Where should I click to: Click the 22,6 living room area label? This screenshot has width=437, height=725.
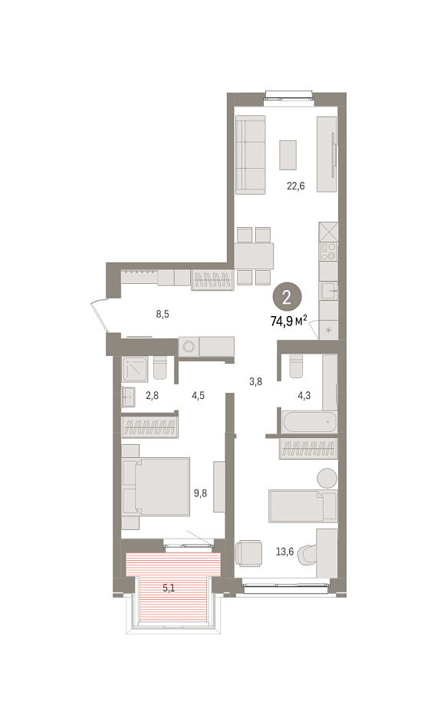[x=296, y=186]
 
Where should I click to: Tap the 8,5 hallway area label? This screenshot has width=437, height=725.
[x=163, y=315]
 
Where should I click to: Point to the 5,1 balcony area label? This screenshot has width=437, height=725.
[x=168, y=588]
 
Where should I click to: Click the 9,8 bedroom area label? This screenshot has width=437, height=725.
[x=200, y=493]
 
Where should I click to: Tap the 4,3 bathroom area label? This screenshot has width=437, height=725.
[x=304, y=395]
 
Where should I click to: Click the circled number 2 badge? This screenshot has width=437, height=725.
[x=287, y=298]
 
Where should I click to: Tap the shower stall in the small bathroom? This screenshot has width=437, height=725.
[x=136, y=369]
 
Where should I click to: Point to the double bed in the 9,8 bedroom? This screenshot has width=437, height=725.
[x=156, y=487]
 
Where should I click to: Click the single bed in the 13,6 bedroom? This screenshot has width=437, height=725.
[x=303, y=506]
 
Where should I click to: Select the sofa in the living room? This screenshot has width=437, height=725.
[x=251, y=155]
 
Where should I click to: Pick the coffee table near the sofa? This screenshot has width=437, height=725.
[x=287, y=154]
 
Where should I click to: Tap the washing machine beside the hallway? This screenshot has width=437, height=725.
[x=189, y=346]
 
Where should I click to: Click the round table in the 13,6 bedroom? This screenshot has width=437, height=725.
[x=327, y=478]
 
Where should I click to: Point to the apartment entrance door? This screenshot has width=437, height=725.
[x=100, y=316]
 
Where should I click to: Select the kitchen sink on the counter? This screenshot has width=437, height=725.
[x=328, y=291]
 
